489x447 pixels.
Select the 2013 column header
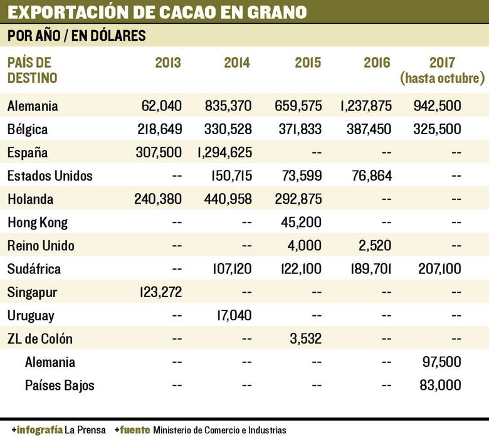tap(168, 63)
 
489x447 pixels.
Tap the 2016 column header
tap(377, 63)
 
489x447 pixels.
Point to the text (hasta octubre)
tap(443, 78)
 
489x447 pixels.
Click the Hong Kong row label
tap(37, 223)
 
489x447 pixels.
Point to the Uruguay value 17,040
tap(232, 316)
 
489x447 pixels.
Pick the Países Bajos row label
tap(60, 385)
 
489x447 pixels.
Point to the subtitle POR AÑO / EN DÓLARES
tap(76, 36)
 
